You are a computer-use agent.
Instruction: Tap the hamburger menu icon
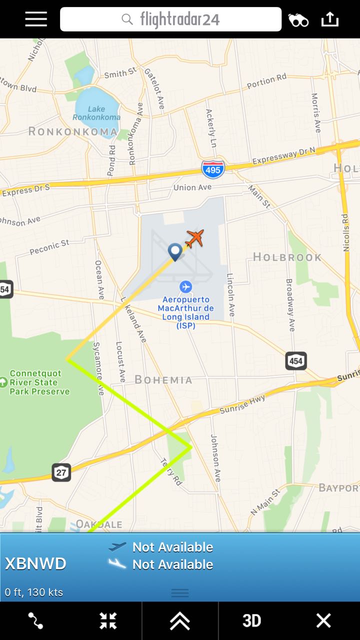point(36,19)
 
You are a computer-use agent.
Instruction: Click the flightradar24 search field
point(170,19)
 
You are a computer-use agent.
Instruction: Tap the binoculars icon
point(298,20)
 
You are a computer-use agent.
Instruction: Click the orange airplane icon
point(194,238)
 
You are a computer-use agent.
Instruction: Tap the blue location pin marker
point(175,251)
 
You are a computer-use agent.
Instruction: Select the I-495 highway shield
point(213,169)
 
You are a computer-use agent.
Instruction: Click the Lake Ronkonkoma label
point(96,113)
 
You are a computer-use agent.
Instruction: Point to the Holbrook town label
point(287,257)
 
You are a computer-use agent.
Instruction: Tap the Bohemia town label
point(163,380)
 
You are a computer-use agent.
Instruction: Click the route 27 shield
point(61,472)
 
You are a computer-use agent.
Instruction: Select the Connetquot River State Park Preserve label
point(39,382)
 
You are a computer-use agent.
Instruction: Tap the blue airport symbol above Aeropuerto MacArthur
point(186,286)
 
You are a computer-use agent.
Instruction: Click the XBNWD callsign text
point(35,564)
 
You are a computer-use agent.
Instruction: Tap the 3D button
point(251,620)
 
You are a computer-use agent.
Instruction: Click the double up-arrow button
point(179,620)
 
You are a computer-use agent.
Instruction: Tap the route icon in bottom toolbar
point(35,620)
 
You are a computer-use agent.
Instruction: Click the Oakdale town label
point(99,524)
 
